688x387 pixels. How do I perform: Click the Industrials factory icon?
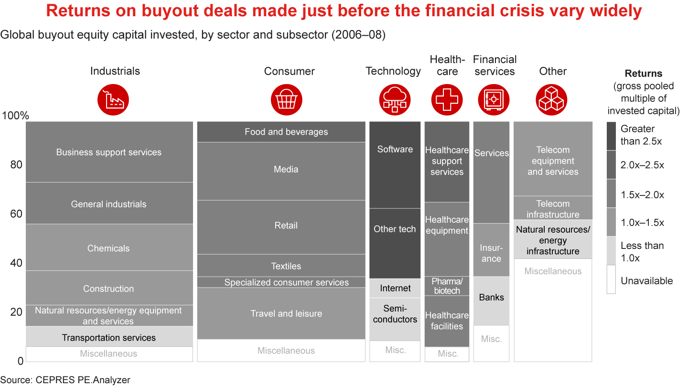coord(113,99)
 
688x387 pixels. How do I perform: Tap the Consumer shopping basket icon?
coord(287,99)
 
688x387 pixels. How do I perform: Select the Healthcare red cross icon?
coord(447,99)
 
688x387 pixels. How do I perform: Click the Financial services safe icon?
coord(494,99)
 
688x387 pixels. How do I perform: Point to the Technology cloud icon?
coord(395,99)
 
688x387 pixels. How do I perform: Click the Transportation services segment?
coord(109,337)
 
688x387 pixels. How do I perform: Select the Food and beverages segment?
coord(286,132)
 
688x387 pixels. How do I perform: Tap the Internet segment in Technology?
coord(395,288)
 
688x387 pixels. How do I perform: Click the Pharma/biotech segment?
coord(447,286)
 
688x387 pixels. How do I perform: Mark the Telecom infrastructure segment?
coord(553,208)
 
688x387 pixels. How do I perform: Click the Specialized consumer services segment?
coord(286,282)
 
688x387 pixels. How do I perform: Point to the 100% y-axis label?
coord(15,116)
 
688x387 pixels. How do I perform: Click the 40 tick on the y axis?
coord(17,263)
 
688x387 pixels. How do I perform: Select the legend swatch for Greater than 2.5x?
coord(611,136)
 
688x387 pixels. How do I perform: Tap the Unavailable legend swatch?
coord(611,279)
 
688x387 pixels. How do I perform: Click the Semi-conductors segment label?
coord(395,314)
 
